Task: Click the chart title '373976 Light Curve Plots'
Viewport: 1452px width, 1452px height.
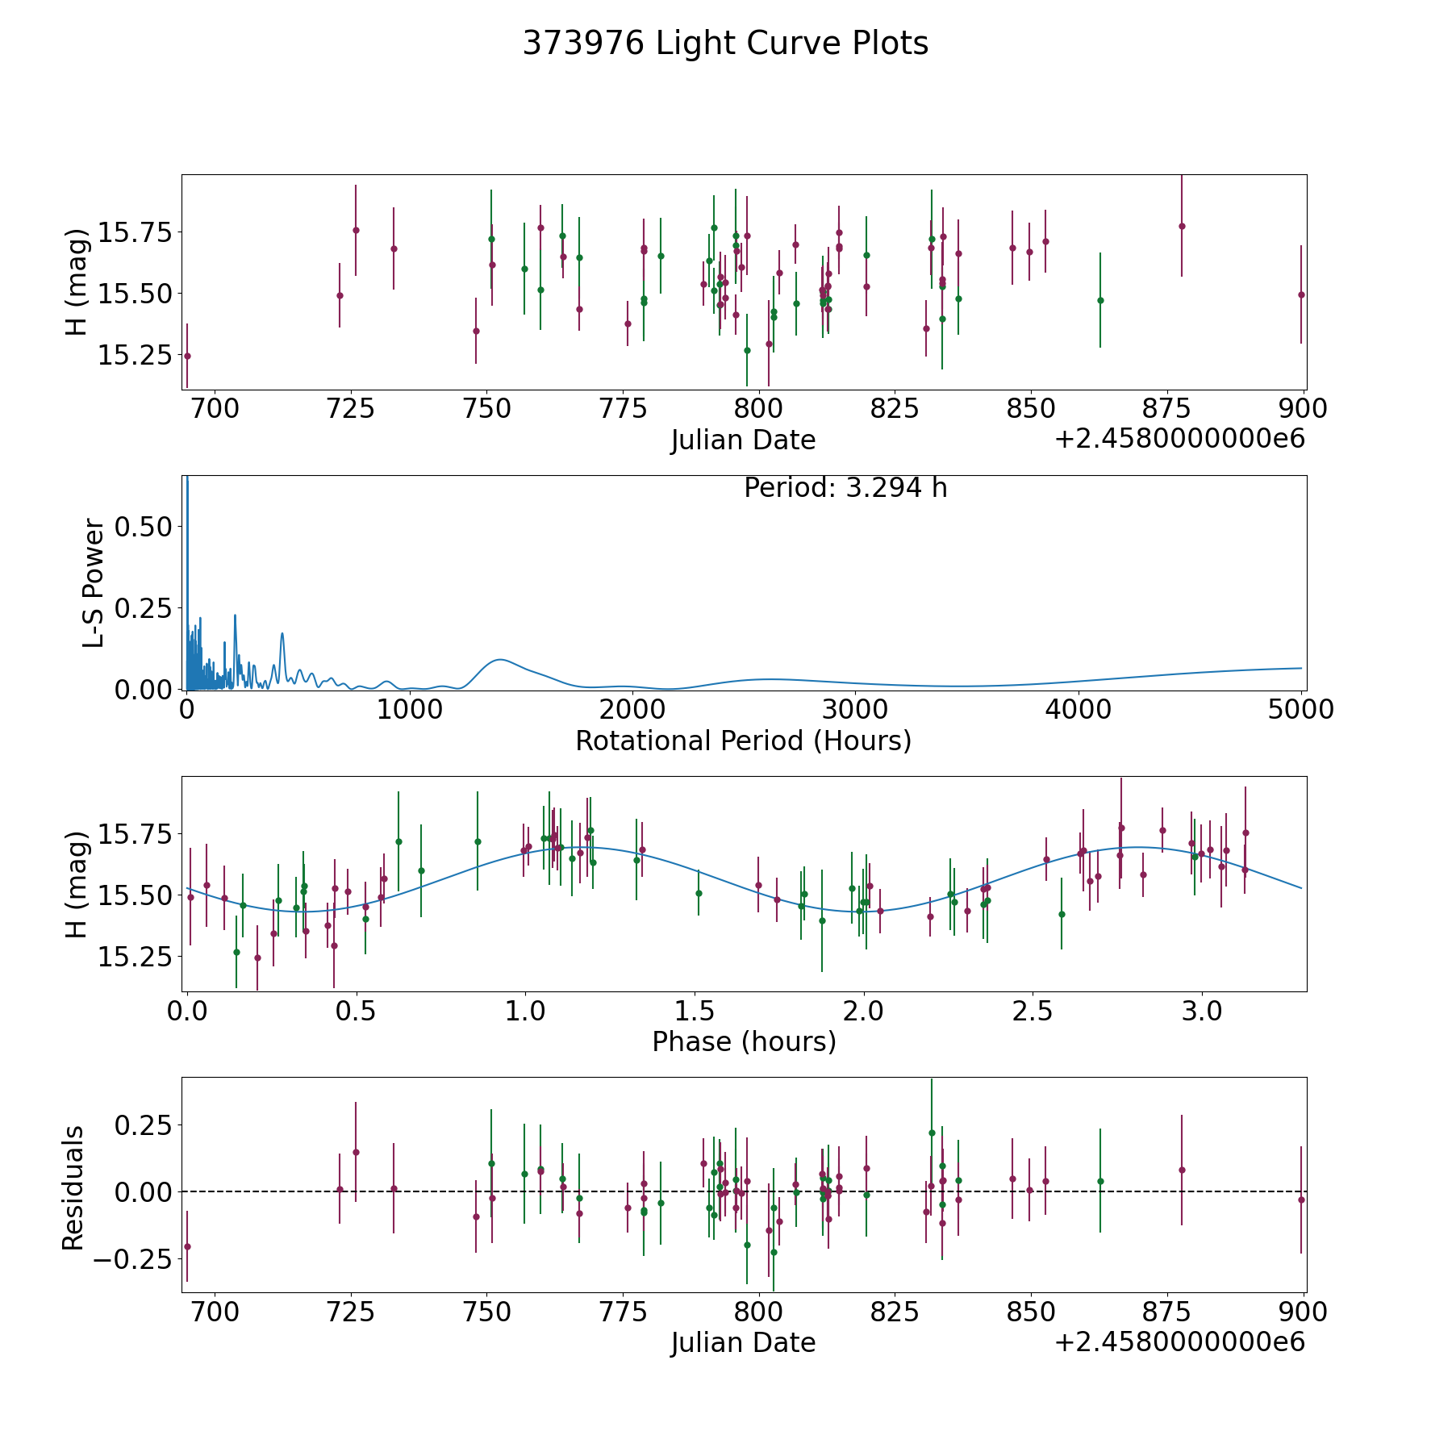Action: point(725,44)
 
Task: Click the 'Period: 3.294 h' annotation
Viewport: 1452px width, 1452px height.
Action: point(845,488)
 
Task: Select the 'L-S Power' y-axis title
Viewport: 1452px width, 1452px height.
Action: point(94,582)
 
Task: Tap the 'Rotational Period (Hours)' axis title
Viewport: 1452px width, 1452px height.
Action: point(743,741)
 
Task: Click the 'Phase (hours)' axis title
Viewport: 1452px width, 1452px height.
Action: point(744,1041)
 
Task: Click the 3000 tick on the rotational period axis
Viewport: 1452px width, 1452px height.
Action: point(855,710)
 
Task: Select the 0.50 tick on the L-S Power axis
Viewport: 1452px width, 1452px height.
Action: point(144,527)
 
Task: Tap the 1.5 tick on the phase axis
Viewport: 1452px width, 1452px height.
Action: point(695,1011)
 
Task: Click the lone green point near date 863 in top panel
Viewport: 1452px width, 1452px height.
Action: point(1100,300)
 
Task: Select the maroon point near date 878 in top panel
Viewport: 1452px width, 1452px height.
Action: point(1182,226)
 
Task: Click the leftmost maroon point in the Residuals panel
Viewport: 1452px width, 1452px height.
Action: point(187,1246)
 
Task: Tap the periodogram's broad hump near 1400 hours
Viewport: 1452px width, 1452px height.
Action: point(500,660)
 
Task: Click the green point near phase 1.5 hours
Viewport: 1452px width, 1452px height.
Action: point(699,893)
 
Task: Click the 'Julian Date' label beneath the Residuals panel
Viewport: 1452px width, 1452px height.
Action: point(743,1342)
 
